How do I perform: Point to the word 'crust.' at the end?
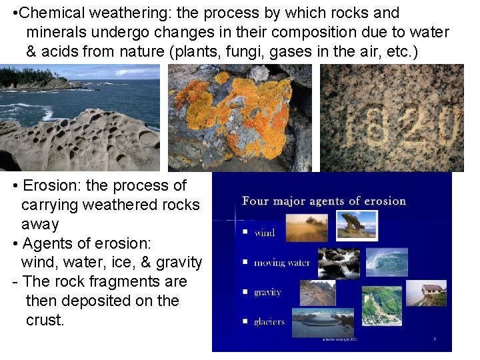45,320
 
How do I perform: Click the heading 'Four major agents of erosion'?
324,201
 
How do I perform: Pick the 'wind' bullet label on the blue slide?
265,233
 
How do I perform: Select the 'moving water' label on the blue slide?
282,263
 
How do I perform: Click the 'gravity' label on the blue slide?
267,292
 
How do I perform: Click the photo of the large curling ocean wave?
387,261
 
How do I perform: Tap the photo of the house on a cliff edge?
426,293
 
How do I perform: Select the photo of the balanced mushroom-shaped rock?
357,225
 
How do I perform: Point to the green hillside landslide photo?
381,305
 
